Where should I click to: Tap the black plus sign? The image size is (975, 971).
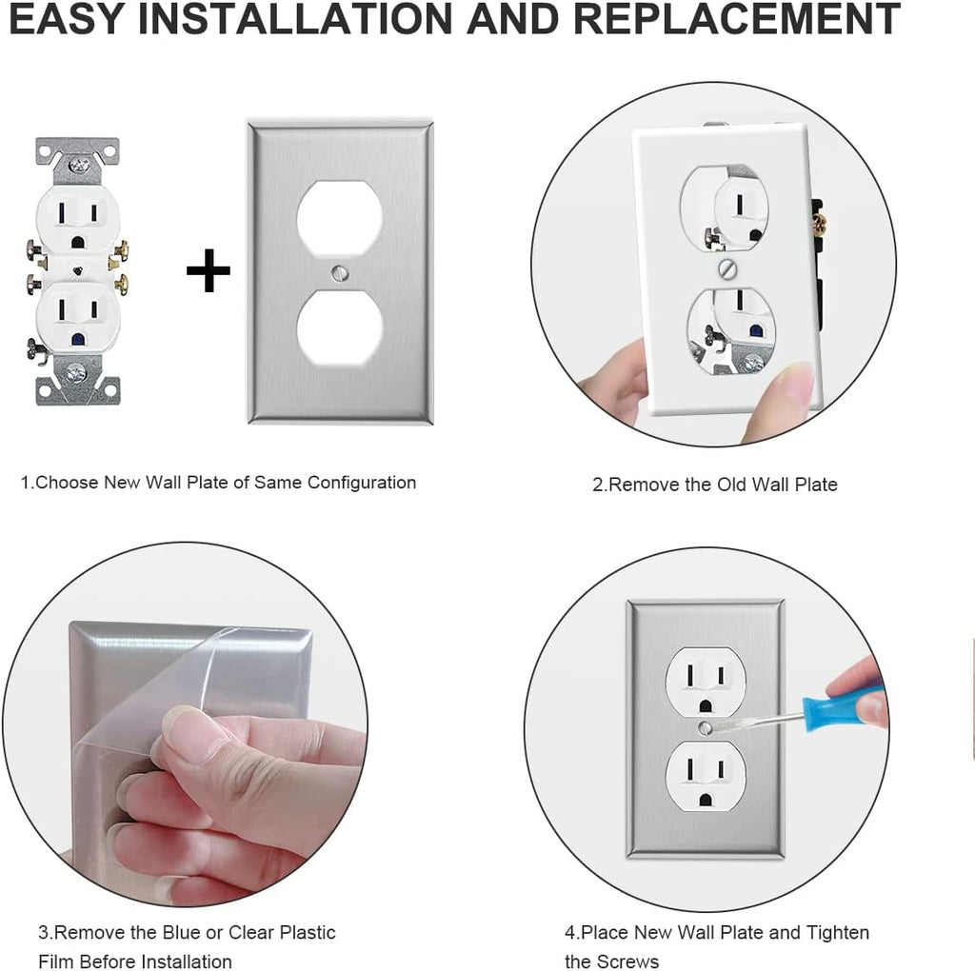[x=208, y=273]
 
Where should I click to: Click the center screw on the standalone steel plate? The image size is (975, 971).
[x=340, y=272]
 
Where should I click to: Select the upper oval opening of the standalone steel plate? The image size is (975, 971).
[x=340, y=218]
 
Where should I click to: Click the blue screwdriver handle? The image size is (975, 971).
[x=844, y=704]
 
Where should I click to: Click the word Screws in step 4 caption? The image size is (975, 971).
[x=627, y=961]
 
